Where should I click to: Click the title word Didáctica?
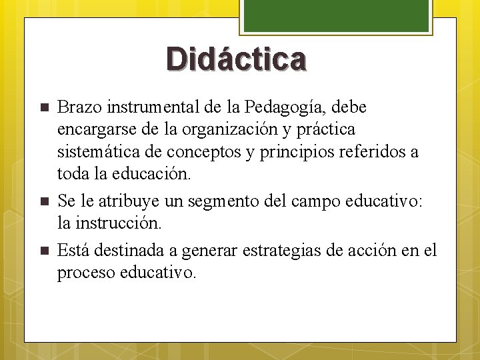coord(237,59)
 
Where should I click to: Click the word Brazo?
coord(77,107)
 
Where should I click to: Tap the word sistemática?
coord(98,152)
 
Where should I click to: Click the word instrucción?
coord(122,223)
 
